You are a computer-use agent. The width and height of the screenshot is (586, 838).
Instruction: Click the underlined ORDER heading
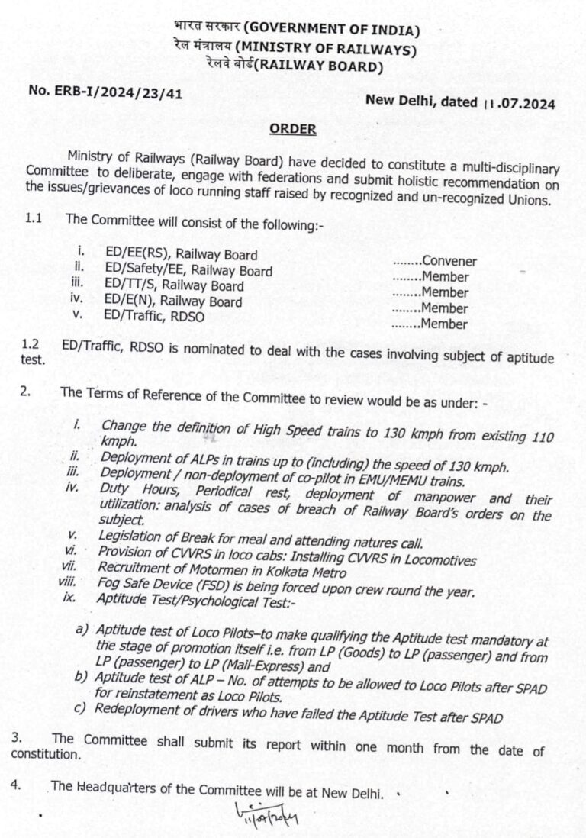click(x=292, y=129)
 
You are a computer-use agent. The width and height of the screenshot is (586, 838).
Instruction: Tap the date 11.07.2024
click(x=519, y=102)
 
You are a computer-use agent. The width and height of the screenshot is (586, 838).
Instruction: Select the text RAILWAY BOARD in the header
click(x=320, y=66)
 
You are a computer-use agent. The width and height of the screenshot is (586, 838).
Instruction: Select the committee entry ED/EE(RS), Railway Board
click(x=182, y=255)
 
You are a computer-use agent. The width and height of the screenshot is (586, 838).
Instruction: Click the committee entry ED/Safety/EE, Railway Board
click(x=189, y=270)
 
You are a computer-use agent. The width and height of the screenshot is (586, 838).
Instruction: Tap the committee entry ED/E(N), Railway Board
click(x=174, y=301)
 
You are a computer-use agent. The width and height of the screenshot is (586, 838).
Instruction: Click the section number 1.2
click(x=31, y=345)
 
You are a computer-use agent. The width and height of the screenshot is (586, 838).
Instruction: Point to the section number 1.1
click(x=33, y=218)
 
